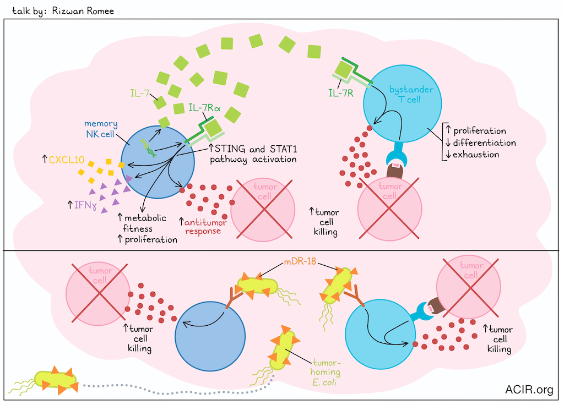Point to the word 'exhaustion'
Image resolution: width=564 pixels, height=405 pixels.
click(476, 155)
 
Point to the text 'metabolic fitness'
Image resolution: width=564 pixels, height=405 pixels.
click(138, 224)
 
